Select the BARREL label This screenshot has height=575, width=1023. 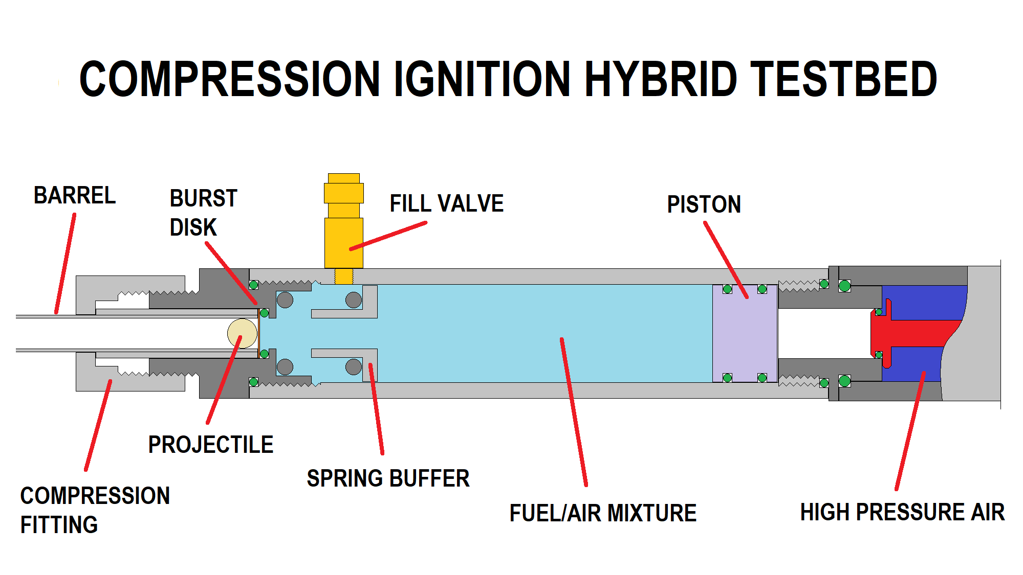click(x=75, y=196)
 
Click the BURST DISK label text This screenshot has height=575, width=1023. click(x=203, y=213)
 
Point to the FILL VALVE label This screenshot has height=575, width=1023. click(x=446, y=203)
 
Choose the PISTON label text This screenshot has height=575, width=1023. click(x=704, y=204)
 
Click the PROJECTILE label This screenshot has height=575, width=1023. click(x=210, y=445)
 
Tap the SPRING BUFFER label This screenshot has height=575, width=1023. click(x=388, y=479)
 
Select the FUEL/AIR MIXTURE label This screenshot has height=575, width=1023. click(x=603, y=513)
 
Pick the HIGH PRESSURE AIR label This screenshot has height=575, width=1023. click(x=902, y=512)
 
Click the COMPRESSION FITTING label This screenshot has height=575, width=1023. click(x=95, y=510)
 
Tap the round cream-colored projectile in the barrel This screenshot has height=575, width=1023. click(x=242, y=333)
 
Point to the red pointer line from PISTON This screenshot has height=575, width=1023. click(x=726, y=260)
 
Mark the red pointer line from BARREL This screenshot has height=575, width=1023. click(x=66, y=263)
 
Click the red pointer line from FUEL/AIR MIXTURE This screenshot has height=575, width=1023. click(x=574, y=411)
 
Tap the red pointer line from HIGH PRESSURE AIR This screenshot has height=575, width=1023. click(x=910, y=431)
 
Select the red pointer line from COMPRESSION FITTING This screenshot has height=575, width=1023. click(x=98, y=425)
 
